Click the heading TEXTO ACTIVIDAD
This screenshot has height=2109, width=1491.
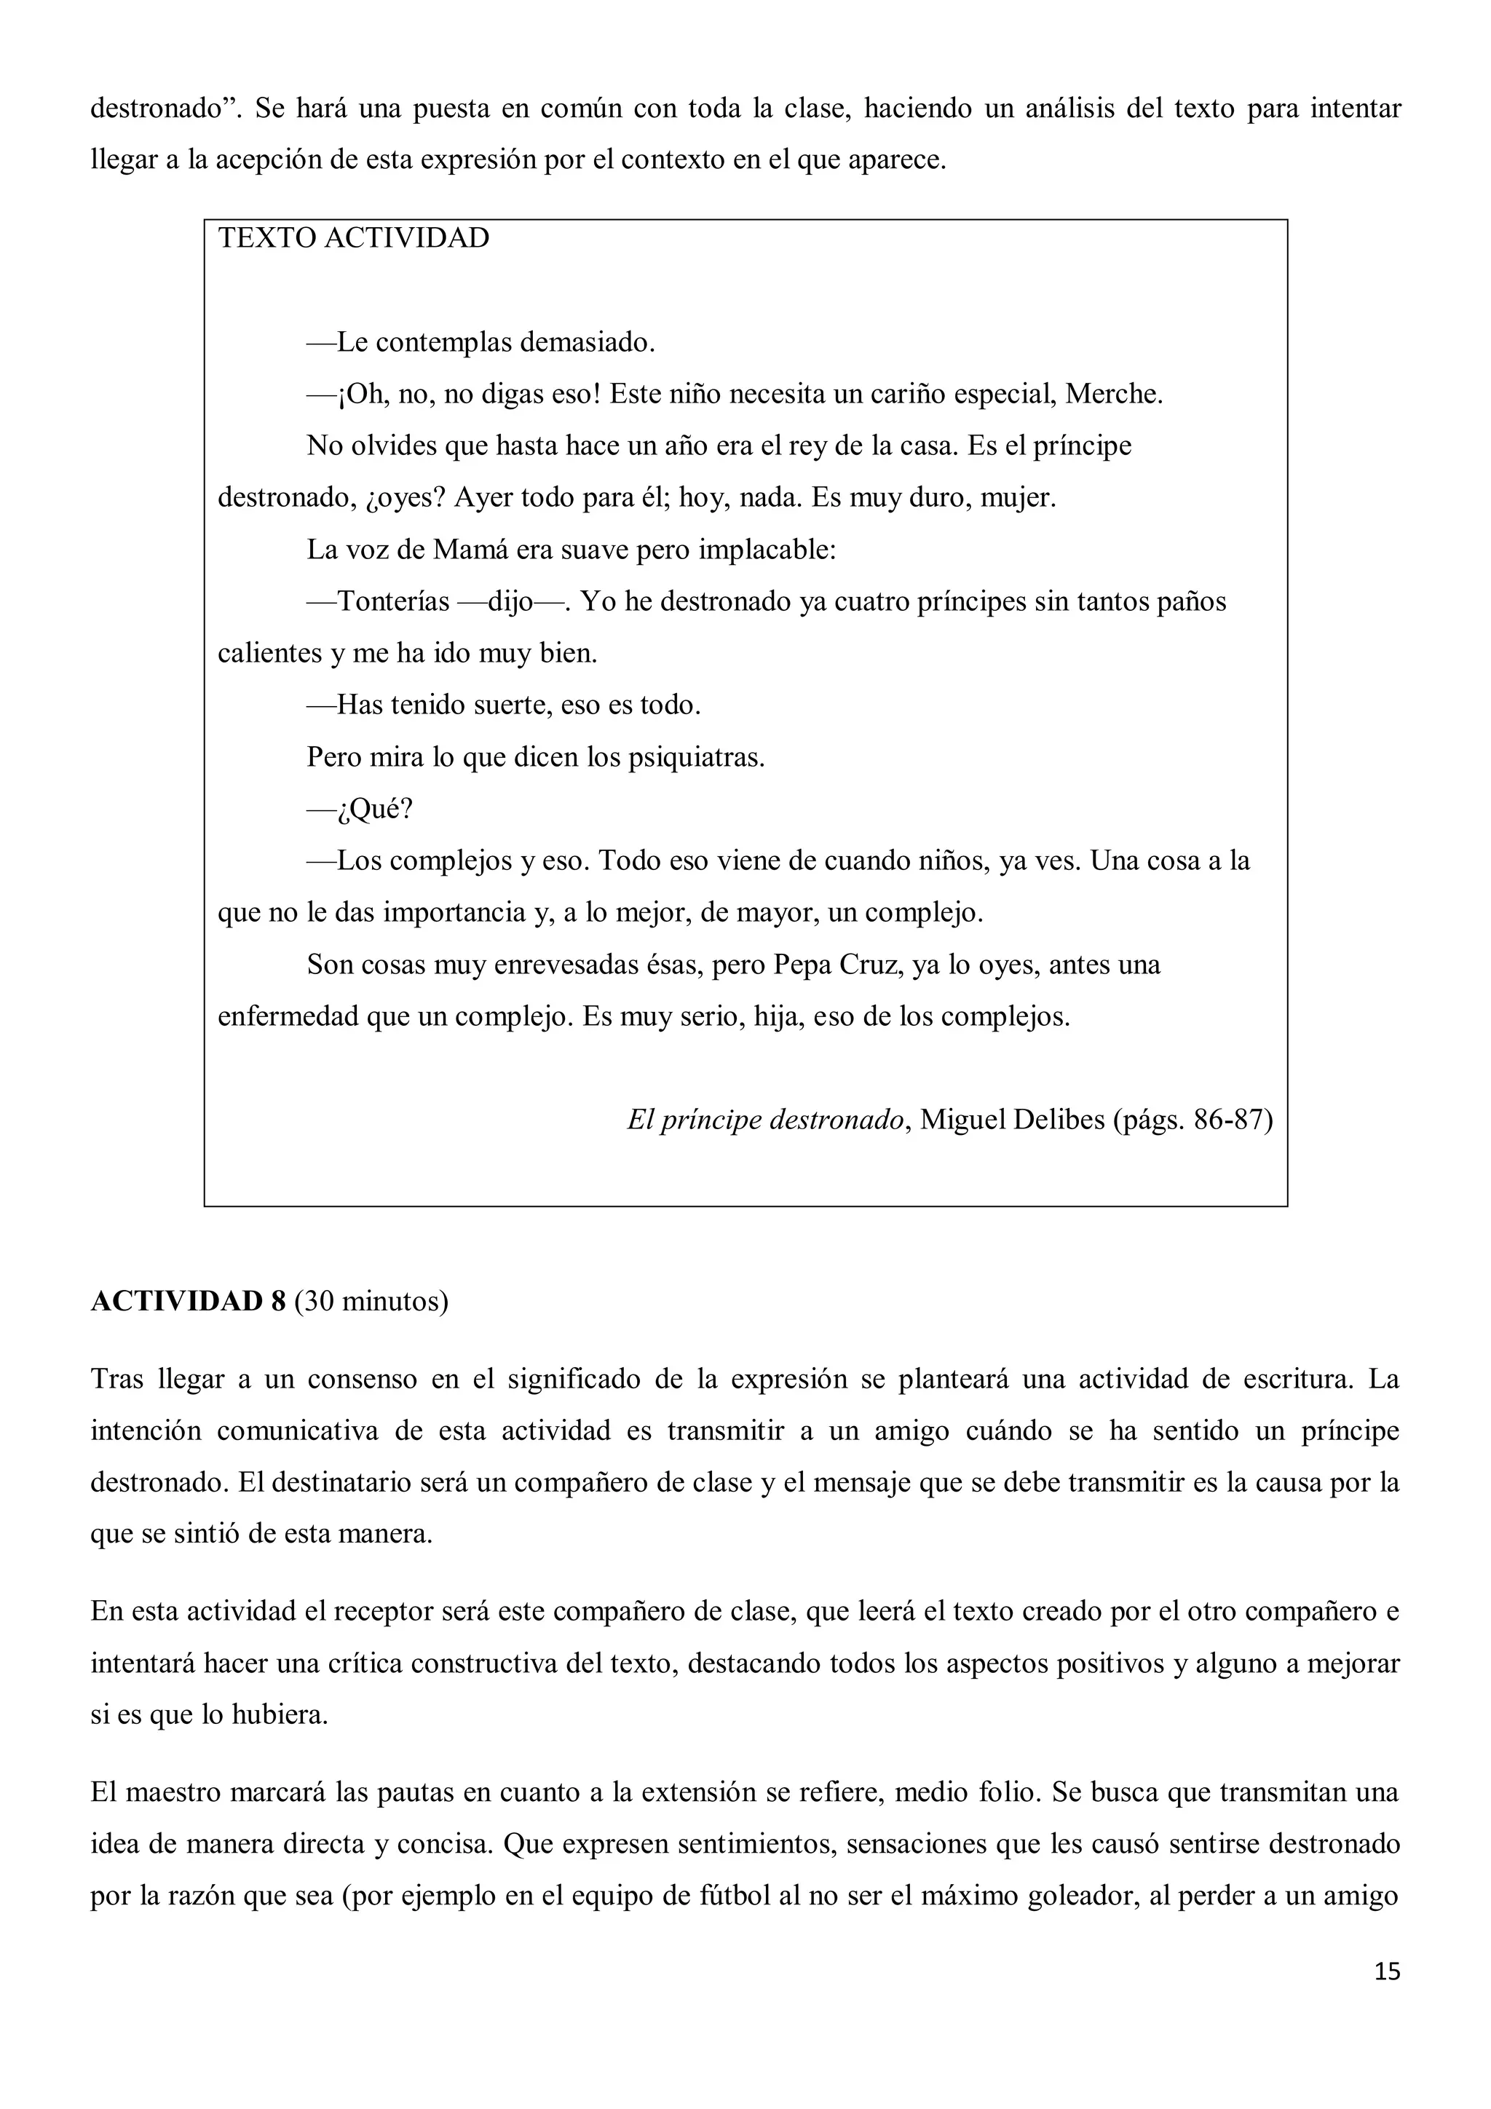click(354, 238)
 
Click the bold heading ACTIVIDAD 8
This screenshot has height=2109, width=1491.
click(189, 1302)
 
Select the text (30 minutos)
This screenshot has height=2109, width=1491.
click(371, 1302)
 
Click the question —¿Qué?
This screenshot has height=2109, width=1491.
click(360, 810)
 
